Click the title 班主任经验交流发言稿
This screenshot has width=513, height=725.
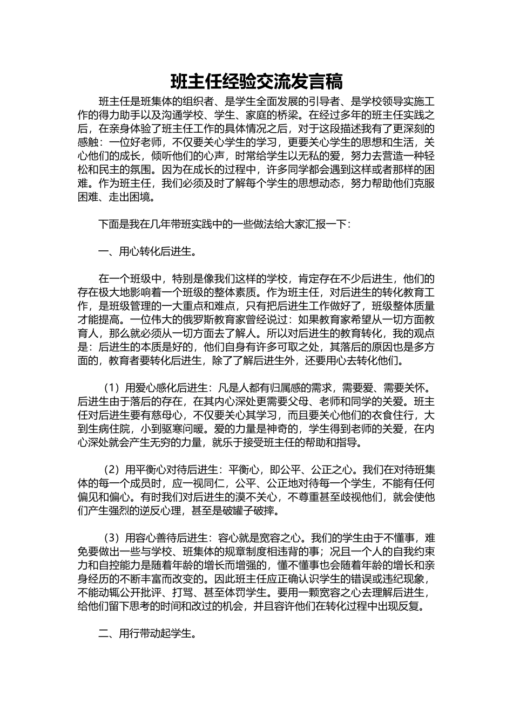tap(256, 82)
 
